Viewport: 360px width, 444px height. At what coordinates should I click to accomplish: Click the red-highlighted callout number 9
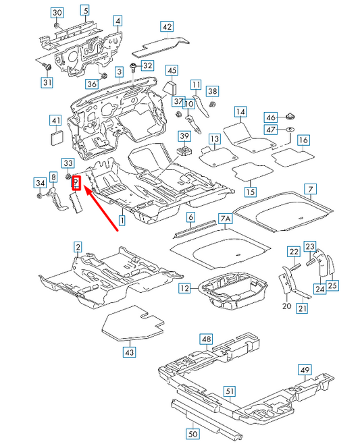click(76, 183)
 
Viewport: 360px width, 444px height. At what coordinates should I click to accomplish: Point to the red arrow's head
click(86, 191)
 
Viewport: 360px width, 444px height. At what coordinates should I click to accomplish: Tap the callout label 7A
click(225, 219)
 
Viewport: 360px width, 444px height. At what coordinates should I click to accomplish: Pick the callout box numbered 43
click(130, 352)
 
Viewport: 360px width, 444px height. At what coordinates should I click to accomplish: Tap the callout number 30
click(57, 13)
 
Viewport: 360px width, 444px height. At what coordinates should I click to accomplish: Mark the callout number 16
click(304, 140)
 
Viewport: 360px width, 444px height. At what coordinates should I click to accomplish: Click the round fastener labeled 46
click(290, 116)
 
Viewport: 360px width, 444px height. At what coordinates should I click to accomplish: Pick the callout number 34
click(41, 182)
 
